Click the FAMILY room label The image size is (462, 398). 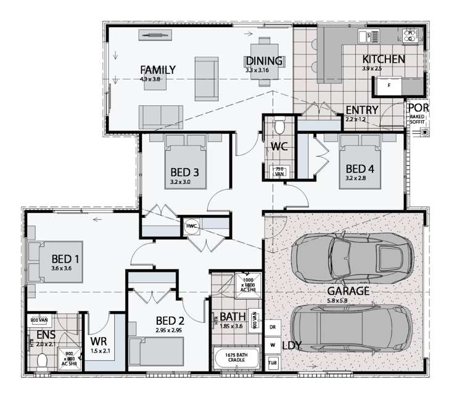pyautogui.click(x=158, y=70)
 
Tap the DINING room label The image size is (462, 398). pyautogui.click(x=264, y=61)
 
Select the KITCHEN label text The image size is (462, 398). pyautogui.click(x=384, y=60)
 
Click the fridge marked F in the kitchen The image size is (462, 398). pyautogui.click(x=389, y=86)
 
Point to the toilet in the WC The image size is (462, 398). pyautogui.click(x=279, y=127)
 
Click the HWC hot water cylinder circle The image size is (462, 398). pyautogui.click(x=191, y=226)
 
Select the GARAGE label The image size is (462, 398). pyautogui.click(x=349, y=291)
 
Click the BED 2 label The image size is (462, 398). pyautogui.click(x=170, y=320)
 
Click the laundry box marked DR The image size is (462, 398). pyautogui.click(x=272, y=327)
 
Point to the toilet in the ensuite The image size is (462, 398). pyautogui.click(x=42, y=360)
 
